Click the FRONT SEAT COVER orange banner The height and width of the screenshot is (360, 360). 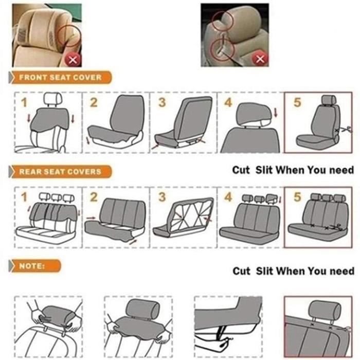[60, 77]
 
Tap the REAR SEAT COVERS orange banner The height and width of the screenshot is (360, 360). [60, 171]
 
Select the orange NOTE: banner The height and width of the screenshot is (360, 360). [35, 266]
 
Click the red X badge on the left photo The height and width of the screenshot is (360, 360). [73, 60]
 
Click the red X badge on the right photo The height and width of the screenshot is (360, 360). [260, 59]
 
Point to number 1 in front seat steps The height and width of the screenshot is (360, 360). [24, 102]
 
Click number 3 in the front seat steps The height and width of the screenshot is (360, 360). [162, 102]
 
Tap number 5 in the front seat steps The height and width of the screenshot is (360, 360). [297, 102]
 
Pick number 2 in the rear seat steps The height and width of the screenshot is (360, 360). [94, 197]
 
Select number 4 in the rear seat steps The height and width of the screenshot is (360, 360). [228, 197]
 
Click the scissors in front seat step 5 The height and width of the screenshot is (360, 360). [346, 129]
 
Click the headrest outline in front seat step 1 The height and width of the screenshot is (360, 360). [53, 99]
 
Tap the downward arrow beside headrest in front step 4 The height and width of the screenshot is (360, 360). [276, 113]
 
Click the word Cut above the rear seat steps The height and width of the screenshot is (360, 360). [241, 170]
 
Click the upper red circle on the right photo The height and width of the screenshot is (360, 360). [222, 21]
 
